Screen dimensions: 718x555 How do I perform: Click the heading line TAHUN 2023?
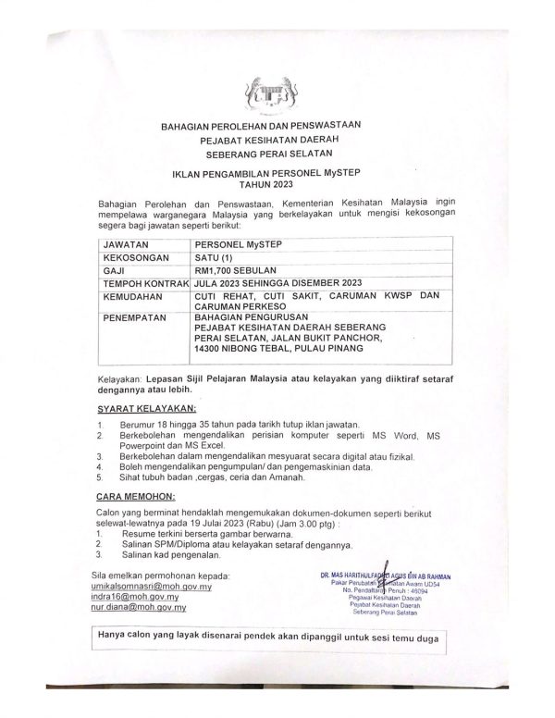[x=277, y=184]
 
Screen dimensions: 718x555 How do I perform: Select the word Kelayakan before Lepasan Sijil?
[x=119, y=380]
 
